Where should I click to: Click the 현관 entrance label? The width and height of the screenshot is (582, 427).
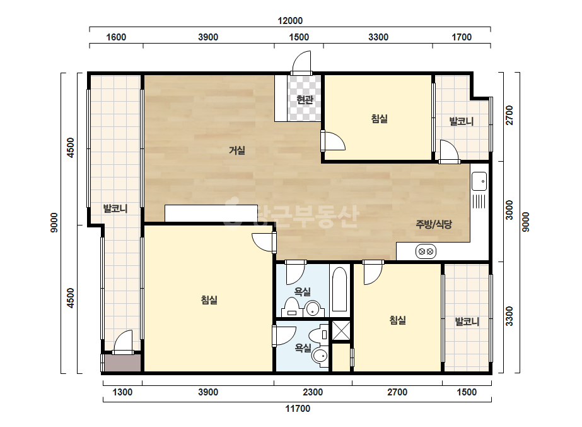pyautogui.click(x=305, y=100)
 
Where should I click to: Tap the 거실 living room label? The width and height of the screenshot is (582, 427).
pyautogui.click(x=237, y=150)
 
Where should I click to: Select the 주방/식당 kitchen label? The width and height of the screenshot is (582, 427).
pyautogui.click(x=434, y=224)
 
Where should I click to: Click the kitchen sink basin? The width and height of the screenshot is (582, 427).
pyautogui.click(x=479, y=181)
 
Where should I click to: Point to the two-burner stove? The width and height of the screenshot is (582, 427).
pyautogui.click(x=426, y=252)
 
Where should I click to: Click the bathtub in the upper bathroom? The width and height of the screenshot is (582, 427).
pyautogui.click(x=339, y=289)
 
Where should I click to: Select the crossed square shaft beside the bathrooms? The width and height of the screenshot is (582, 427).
pyautogui.click(x=340, y=330)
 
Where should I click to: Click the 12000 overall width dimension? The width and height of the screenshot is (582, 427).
pyautogui.click(x=290, y=21)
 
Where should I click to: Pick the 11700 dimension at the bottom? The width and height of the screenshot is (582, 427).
pyautogui.click(x=298, y=409)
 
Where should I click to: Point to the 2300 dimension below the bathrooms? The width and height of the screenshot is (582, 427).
pyautogui.click(x=313, y=392)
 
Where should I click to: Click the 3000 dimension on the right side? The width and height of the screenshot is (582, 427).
pyautogui.click(x=509, y=210)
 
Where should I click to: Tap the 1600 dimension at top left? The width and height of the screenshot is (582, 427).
pyautogui.click(x=116, y=37)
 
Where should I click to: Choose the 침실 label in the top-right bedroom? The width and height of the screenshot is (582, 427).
pyautogui.click(x=380, y=119)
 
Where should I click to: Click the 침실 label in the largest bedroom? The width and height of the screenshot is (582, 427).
pyautogui.click(x=209, y=300)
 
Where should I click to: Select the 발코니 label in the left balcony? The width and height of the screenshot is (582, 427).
pyautogui.click(x=115, y=208)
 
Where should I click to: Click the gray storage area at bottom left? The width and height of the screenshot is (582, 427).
pyautogui.click(x=122, y=363)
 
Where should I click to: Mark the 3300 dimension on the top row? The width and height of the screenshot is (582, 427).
pyautogui.click(x=378, y=37)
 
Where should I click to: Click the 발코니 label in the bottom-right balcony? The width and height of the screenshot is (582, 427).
pyautogui.click(x=467, y=322)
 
